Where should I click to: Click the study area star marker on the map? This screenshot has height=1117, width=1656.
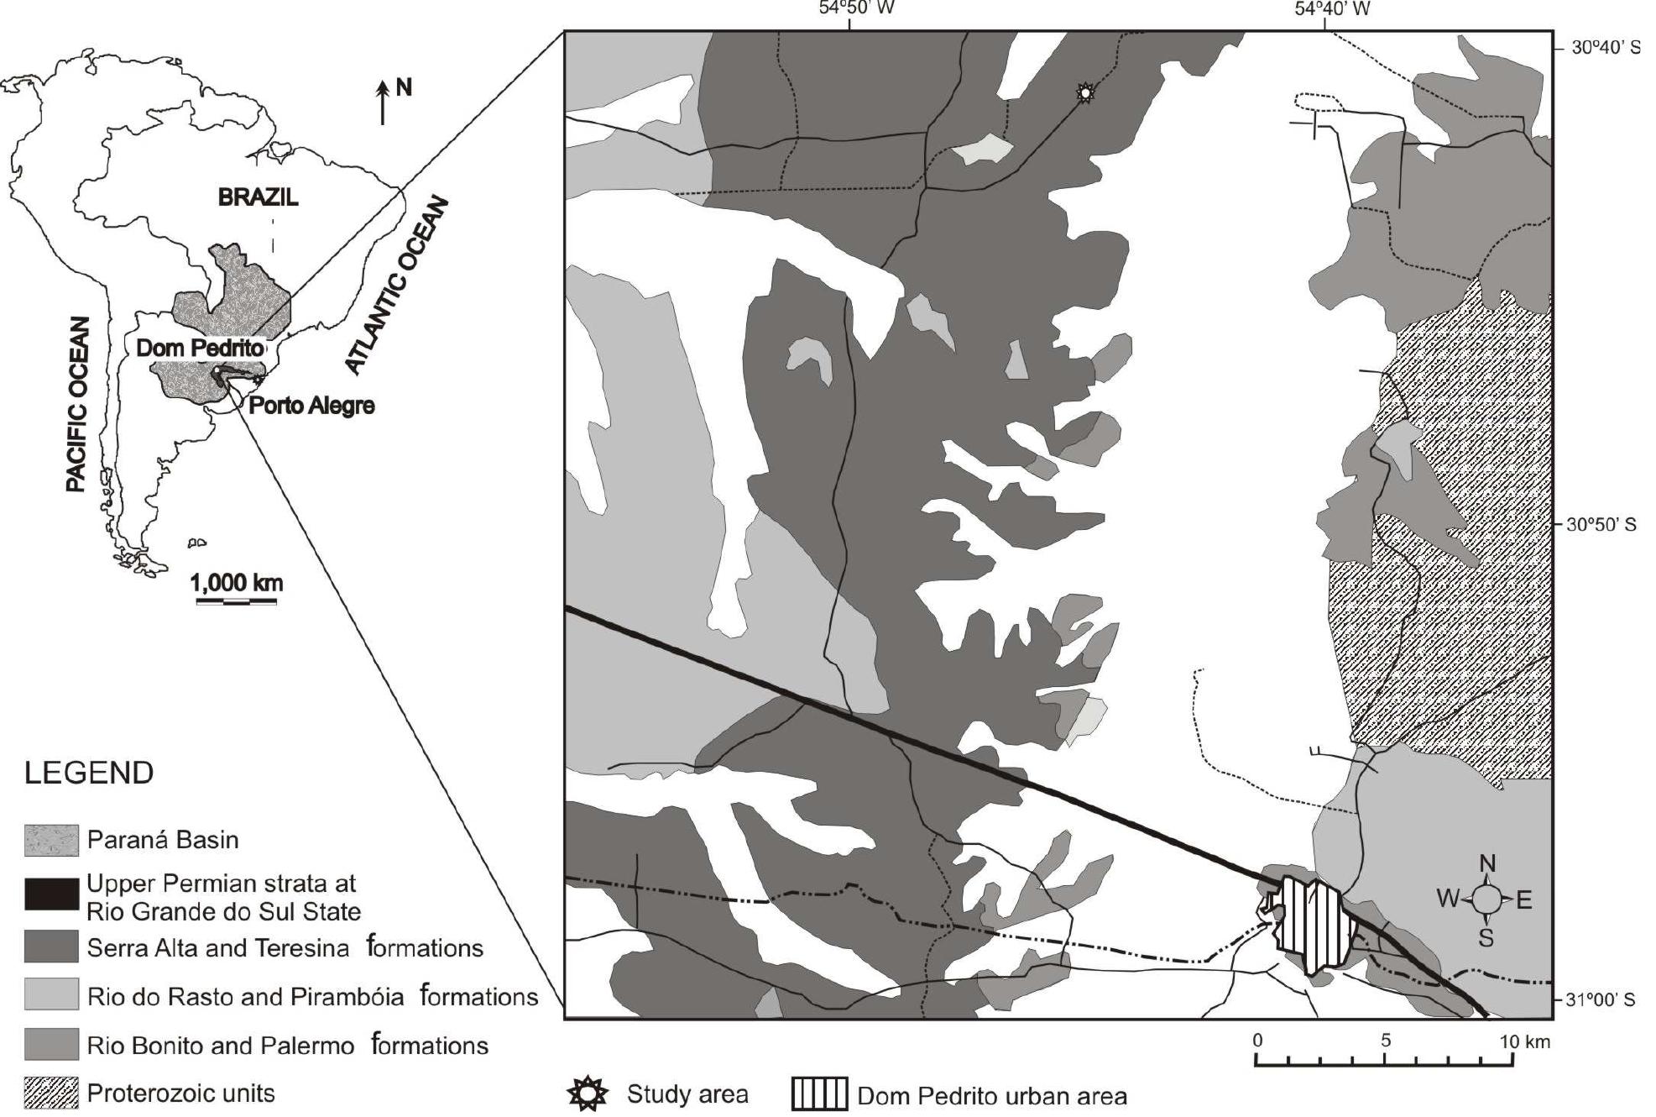tap(1085, 93)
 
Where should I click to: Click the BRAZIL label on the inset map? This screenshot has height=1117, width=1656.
tap(258, 197)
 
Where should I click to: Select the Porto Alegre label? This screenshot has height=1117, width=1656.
tap(311, 406)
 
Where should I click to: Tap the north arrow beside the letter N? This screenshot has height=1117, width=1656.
tap(383, 102)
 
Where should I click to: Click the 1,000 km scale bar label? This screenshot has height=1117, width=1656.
tap(237, 582)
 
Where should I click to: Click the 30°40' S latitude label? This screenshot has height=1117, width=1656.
tap(1605, 48)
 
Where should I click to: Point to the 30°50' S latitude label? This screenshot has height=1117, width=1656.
tap(1601, 525)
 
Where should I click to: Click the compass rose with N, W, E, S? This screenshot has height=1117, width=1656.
tap(1486, 899)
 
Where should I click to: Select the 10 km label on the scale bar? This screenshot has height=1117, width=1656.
tap(1524, 1042)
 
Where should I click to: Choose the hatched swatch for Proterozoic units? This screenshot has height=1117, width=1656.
tap(51, 1093)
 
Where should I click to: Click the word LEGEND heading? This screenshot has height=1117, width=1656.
tap(89, 773)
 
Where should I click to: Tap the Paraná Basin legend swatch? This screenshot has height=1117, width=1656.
tap(51, 840)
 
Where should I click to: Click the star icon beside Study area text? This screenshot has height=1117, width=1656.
tap(588, 1093)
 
